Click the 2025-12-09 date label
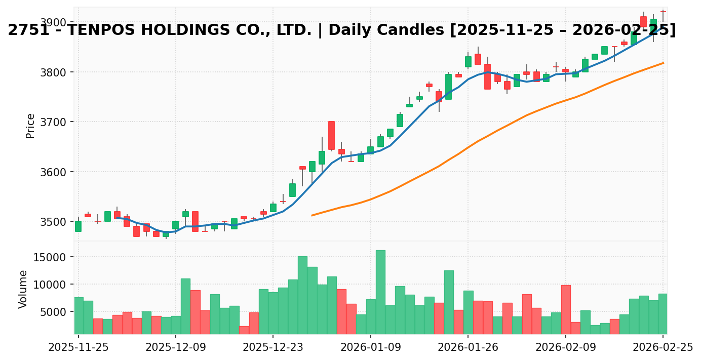coord(175,347)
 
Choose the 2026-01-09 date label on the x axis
coord(370,347)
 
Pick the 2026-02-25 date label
coord(662,347)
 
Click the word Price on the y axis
coord(30,126)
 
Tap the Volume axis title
coord(23,289)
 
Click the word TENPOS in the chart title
coord(105,30)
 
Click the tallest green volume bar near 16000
coord(380,292)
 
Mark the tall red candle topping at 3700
coord(331,135)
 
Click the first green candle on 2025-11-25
coord(78,226)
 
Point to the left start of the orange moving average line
coord(312,215)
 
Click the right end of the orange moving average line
coord(663,63)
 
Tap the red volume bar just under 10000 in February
coord(566,309)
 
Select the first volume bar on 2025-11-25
coord(79,315)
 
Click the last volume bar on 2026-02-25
coord(663,313)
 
